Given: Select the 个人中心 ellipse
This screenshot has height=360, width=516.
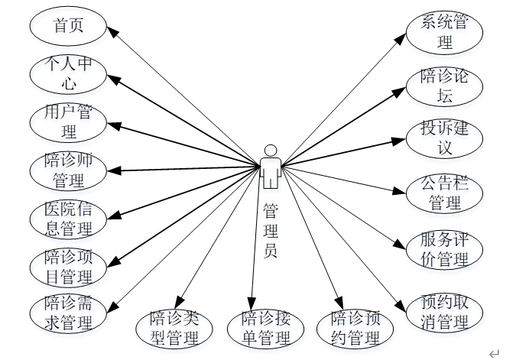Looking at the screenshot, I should click(68, 74).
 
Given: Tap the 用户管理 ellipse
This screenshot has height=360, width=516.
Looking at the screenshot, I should click(68, 122).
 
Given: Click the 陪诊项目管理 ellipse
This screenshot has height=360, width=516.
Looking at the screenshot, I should click(68, 265).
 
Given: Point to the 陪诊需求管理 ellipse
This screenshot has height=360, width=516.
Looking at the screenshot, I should click(68, 313).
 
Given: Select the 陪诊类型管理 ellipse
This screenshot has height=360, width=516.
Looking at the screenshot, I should click(174, 327).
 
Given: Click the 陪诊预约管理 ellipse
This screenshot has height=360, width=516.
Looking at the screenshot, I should click(355, 327).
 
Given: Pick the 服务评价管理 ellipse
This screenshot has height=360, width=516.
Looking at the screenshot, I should click(444, 249).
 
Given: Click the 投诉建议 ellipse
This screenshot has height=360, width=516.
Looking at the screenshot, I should click(444, 138).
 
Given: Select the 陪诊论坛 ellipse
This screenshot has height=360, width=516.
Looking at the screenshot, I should click(444, 86).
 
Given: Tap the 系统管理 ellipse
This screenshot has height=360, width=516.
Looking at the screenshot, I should click(444, 32).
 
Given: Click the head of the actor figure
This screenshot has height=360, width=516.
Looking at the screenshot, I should click(269, 150).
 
